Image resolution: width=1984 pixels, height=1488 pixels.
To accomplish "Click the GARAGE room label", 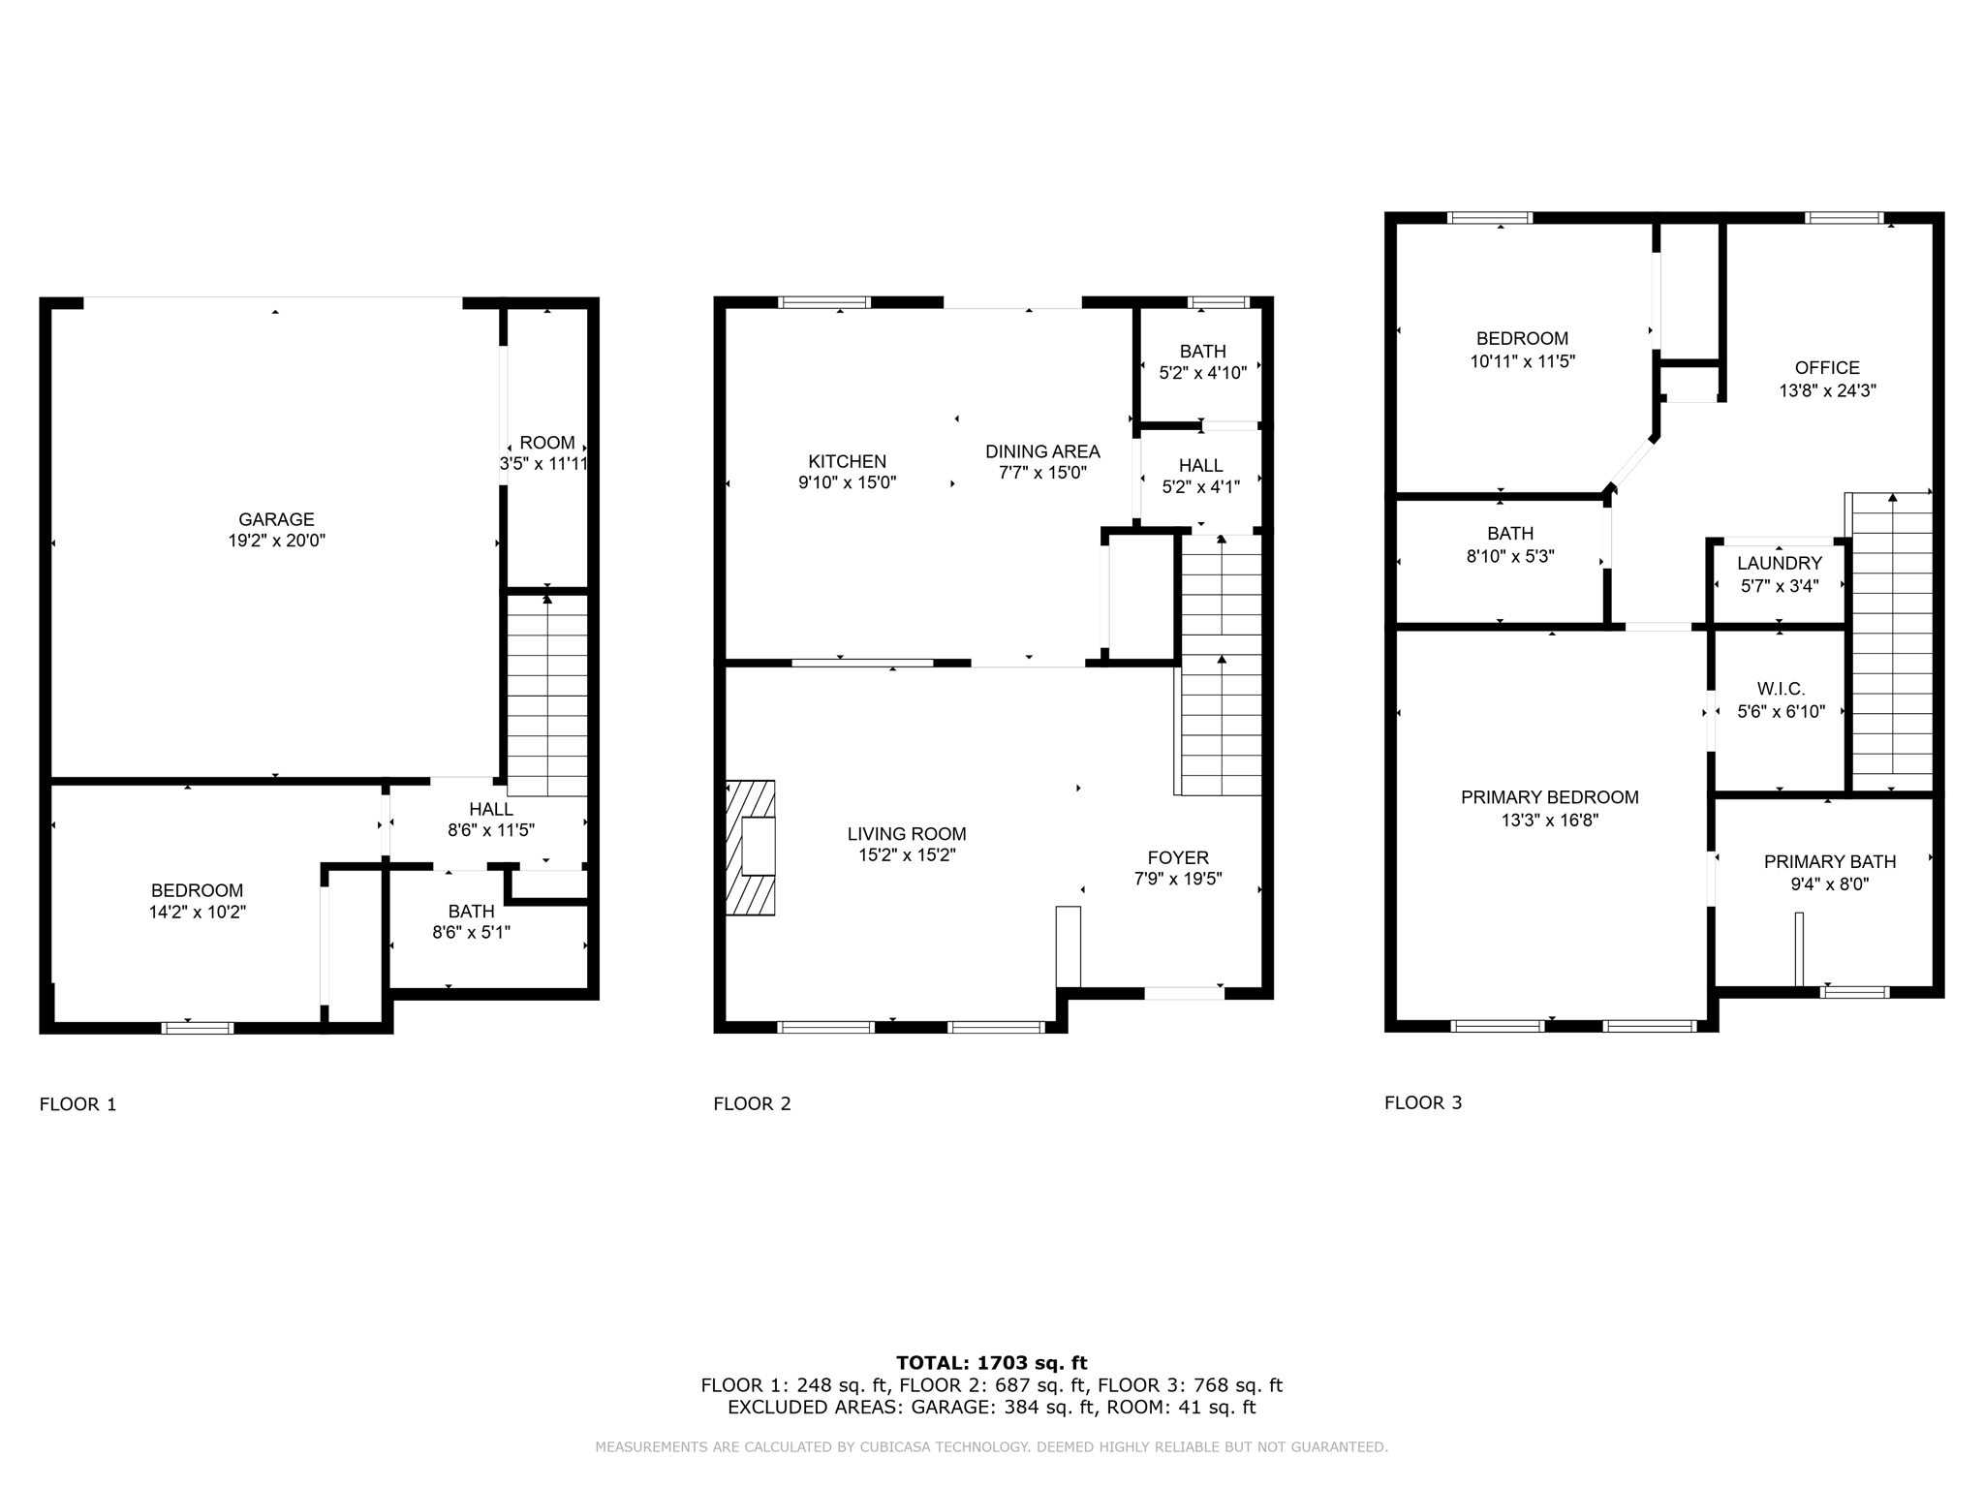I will (x=276, y=519).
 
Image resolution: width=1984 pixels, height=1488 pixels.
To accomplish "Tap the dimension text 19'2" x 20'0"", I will (x=276, y=542).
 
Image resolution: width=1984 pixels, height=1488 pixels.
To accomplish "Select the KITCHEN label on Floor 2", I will (x=847, y=461).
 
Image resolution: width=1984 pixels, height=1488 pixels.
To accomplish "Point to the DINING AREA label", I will (x=1042, y=451).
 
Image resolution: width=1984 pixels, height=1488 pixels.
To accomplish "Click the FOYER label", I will (x=1177, y=857).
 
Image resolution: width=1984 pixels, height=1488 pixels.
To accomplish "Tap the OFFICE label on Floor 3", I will (x=1826, y=368).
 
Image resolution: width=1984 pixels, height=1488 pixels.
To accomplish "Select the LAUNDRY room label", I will (x=1779, y=563).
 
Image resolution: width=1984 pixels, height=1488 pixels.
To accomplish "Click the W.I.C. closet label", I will (x=1781, y=689).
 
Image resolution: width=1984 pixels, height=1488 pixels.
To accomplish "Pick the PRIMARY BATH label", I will (x=1829, y=861).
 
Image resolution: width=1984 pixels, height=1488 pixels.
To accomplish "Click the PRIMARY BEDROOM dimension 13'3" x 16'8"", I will (x=1549, y=821).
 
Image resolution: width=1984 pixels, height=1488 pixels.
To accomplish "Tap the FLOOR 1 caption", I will (x=77, y=1104).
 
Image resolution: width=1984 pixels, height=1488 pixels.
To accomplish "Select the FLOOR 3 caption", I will (x=1422, y=1102).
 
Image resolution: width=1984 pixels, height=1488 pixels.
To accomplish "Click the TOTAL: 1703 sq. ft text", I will (x=991, y=1363).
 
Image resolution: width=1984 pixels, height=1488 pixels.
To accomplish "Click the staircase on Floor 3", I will (x=1892, y=644).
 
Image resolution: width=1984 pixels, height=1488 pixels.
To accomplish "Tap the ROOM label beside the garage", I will (x=546, y=443).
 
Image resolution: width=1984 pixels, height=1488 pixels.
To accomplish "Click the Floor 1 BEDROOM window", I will (x=197, y=1028).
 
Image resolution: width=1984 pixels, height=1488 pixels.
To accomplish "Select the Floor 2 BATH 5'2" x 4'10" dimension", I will (x=1202, y=373).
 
